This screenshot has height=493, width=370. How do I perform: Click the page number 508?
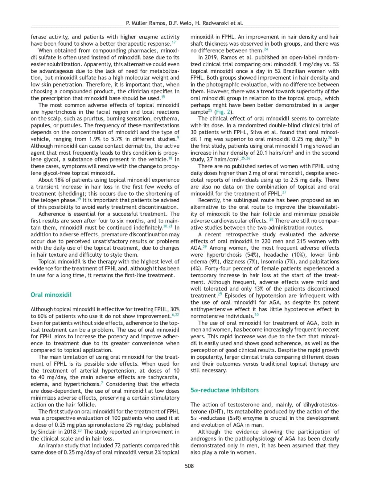coord(189,466)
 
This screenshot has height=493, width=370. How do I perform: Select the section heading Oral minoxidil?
coord(51,295)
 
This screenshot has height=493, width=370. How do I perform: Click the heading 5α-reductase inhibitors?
coord(224,390)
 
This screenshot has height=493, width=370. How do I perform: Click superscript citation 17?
coord(174,42)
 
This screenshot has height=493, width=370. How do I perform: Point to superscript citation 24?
coord(266,49)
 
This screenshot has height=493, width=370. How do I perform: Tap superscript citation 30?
coord(257,315)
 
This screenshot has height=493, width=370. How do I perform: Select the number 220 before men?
coord(279,241)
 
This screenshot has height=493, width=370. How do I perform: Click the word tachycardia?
coord(163,377)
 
